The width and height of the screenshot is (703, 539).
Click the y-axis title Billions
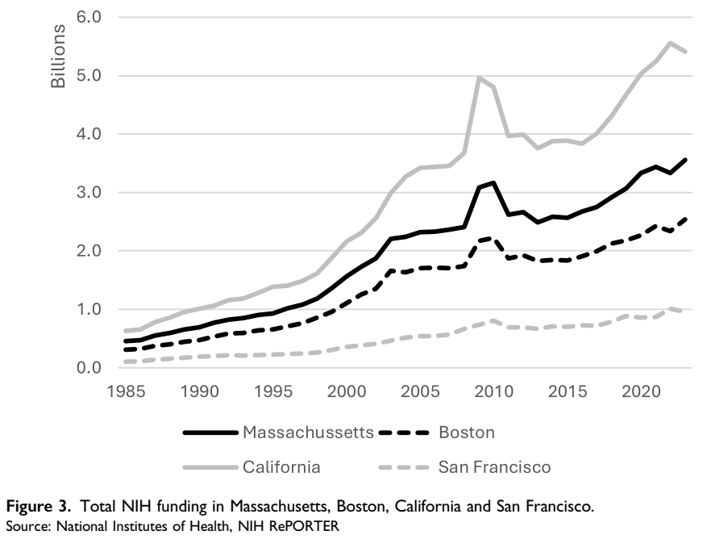(x=59, y=59)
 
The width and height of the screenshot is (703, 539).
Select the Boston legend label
(x=466, y=432)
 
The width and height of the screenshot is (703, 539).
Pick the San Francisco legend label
(x=494, y=466)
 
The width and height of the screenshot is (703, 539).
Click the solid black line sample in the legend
(x=210, y=432)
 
